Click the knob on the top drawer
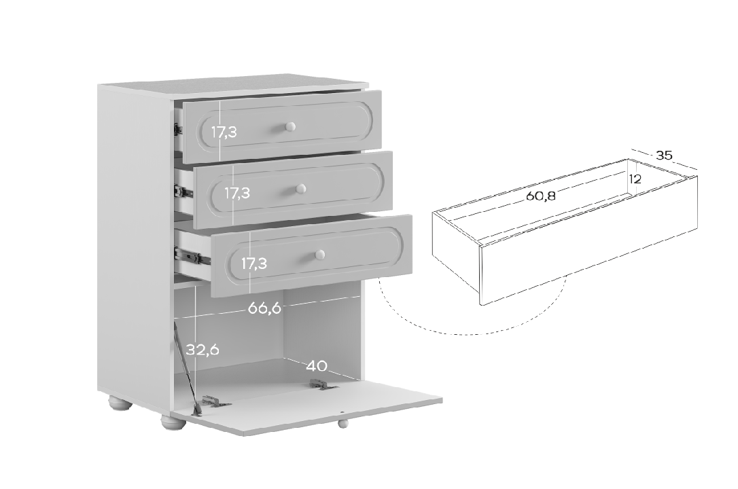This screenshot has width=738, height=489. [290, 126]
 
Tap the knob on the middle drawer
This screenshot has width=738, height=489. [300, 189]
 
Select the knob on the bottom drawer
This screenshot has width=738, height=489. [320, 255]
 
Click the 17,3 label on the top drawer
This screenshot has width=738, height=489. [224, 132]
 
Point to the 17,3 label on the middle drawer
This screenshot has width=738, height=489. [236, 194]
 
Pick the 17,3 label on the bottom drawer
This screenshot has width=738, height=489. [254, 264]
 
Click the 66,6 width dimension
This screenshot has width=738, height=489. [264, 308]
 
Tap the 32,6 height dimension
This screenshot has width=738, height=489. [203, 350]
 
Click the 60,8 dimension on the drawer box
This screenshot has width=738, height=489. [540, 196]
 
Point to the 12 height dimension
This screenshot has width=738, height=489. [635, 179]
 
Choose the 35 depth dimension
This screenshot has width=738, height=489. [664, 155]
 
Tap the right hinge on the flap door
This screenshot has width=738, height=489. [323, 384]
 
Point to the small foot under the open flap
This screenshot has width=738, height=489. [343, 423]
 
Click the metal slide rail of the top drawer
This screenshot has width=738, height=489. [178, 130]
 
